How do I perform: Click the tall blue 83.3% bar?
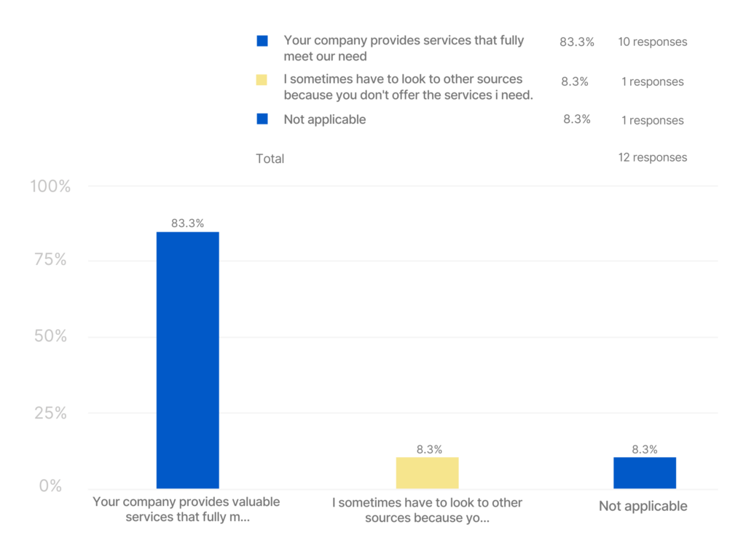pyautogui.click(x=187, y=360)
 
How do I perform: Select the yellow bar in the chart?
pyautogui.click(x=427, y=472)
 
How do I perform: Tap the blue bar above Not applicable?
pyautogui.click(x=644, y=472)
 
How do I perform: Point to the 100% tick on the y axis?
pyautogui.click(x=50, y=186)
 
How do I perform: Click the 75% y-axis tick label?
pyautogui.click(x=50, y=260)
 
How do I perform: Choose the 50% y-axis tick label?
pyautogui.click(x=50, y=336)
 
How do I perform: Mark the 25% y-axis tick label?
pyautogui.click(x=50, y=413)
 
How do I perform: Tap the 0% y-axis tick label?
pyautogui.click(x=50, y=485)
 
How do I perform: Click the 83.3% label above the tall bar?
pyautogui.click(x=187, y=223)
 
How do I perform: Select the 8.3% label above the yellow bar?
pyautogui.click(x=429, y=450)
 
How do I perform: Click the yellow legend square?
pyautogui.click(x=262, y=80)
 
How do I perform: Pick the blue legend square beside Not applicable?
pyautogui.click(x=262, y=119)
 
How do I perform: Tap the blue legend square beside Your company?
pyautogui.click(x=262, y=41)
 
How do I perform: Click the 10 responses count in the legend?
pyautogui.click(x=652, y=42)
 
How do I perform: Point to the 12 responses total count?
pyautogui.click(x=652, y=158)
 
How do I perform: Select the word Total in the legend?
pyautogui.click(x=270, y=159)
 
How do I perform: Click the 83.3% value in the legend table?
pyautogui.click(x=576, y=42)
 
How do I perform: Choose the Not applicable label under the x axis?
pyautogui.click(x=643, y=506)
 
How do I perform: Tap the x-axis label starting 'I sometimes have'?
pyautogui.click(x=427, y=510)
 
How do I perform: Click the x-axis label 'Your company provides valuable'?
pyautogui.click(x=186, y=510)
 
